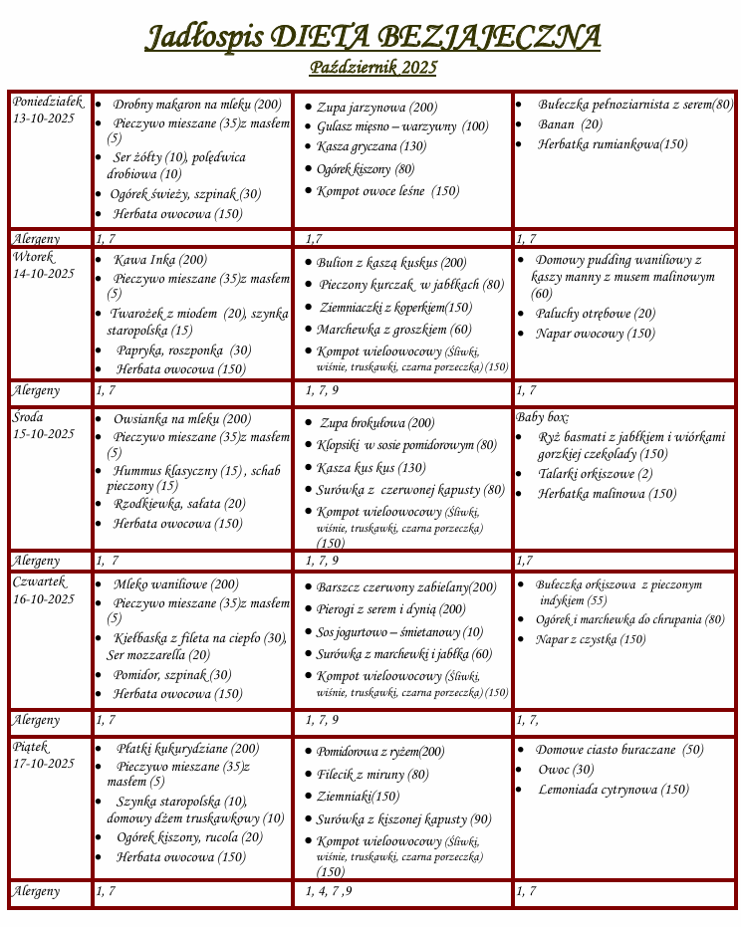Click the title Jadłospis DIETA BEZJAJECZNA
click(x=372, y=38)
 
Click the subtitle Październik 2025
click(x=372, y=68)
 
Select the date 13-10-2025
click(x=44, y=118)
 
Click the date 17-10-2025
click(x=44, y=764)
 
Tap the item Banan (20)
click(x=570, y=124)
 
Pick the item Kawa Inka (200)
click(x=160, y=260)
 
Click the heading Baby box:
click(x=543, y=417)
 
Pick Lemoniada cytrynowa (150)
click(x=613, y=790)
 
